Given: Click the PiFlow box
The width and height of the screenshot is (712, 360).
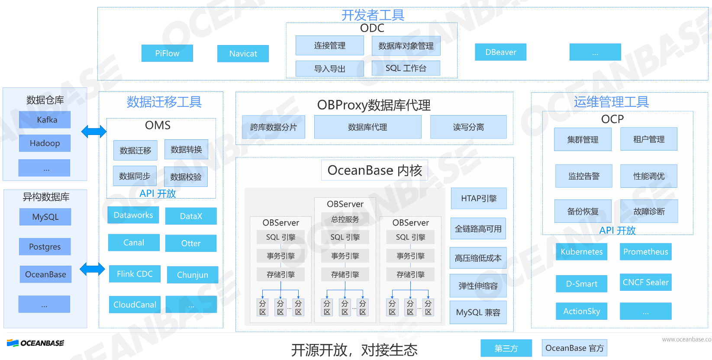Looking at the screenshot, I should point(167,53).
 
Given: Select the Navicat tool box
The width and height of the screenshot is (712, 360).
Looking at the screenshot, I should point(243,54).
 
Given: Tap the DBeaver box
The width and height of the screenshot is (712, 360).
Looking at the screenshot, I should point(500,52).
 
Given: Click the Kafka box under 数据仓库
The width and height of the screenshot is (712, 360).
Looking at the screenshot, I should point(45,120).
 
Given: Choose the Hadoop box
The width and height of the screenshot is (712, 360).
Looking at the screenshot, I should point(45,143).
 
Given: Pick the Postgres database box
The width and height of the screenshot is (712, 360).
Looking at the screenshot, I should point(45,247).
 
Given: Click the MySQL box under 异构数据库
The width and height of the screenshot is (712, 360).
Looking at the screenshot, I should point(45,217).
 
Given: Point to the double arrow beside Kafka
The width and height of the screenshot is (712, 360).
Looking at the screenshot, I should point(94,132).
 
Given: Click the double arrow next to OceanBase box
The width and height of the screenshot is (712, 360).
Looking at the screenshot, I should point(93,269).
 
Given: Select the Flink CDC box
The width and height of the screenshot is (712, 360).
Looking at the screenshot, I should point(135,274).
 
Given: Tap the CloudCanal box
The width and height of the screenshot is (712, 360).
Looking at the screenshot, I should point(135,305).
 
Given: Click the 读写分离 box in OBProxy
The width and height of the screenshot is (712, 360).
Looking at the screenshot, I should point(468,127).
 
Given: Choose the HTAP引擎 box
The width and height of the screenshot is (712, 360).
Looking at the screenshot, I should point(478,198).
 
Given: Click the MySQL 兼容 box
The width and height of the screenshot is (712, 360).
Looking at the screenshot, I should point(478,312).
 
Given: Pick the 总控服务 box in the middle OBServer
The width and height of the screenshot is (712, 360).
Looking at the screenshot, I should point(345,219).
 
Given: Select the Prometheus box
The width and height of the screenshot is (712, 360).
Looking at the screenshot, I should point(645,252).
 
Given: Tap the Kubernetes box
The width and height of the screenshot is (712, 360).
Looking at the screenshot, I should point(581,252).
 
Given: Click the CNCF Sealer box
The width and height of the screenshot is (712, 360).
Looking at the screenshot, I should point(645,283).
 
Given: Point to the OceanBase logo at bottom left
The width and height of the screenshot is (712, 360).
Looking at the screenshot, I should point(35,343).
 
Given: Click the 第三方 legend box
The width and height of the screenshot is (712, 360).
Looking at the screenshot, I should point(506,348).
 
